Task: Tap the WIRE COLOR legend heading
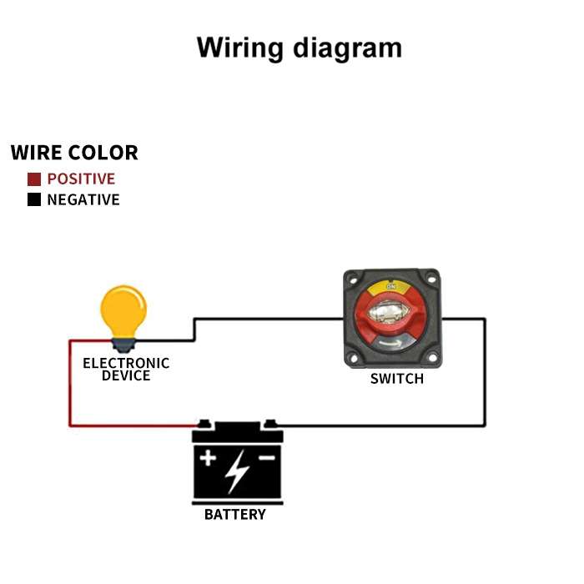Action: (74, 153)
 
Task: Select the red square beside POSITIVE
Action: (34, 179)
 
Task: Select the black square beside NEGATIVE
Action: (34, 200)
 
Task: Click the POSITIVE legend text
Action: (81, 179)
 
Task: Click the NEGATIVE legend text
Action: (83, 200)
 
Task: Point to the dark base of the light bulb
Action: (123, 342)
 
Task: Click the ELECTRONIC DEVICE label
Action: (126, 369)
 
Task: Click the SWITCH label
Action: (397, 379)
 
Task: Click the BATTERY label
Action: (235, 514)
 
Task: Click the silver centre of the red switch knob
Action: (389, 315)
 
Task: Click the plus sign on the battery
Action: (208, 458)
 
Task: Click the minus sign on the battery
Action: (266, 458)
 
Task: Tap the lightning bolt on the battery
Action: (237, 471)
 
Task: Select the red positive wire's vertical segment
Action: (69, 384)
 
